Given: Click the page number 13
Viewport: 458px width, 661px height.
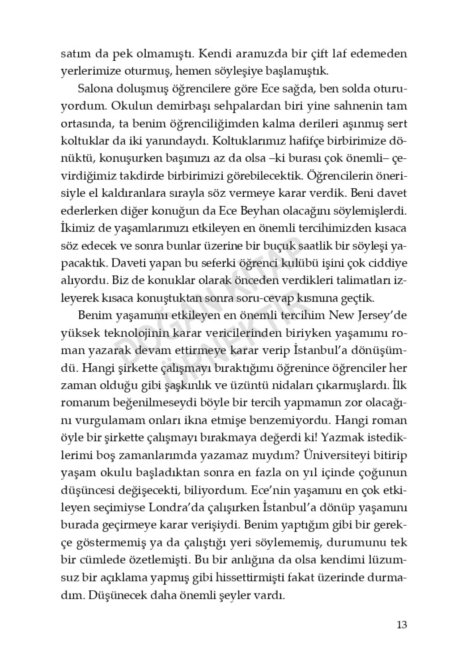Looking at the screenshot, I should point(401,625).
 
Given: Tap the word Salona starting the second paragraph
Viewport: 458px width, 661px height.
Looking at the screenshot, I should point(93,89).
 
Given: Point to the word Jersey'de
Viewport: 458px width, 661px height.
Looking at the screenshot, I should point(385,315).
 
